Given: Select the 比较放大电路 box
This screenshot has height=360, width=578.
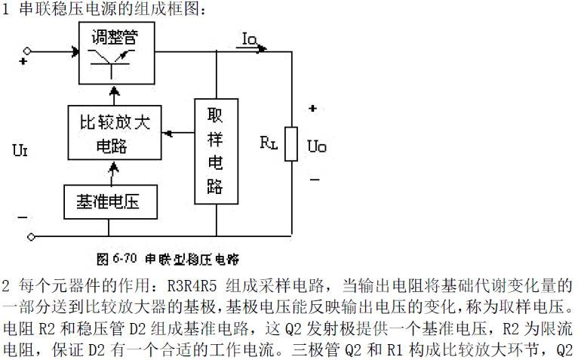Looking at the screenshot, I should tap(114, 133).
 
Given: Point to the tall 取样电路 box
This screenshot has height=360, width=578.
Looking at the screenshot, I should tap(217, 151).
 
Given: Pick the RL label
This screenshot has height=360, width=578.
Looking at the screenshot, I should tap(269, 143).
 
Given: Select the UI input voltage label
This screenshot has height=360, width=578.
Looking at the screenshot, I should tap(20, 151).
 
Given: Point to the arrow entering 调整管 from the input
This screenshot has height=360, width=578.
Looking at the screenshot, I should tap(74, 52).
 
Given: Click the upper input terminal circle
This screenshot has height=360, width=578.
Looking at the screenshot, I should tap(30, 52).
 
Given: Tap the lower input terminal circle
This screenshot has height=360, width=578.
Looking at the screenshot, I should tap(30, 235).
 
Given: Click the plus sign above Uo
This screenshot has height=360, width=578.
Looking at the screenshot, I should tap(312, 109).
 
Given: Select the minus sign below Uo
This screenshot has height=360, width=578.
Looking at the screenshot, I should tap(314, 180).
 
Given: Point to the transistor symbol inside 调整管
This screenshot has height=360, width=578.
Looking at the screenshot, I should tap(113, 63).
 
